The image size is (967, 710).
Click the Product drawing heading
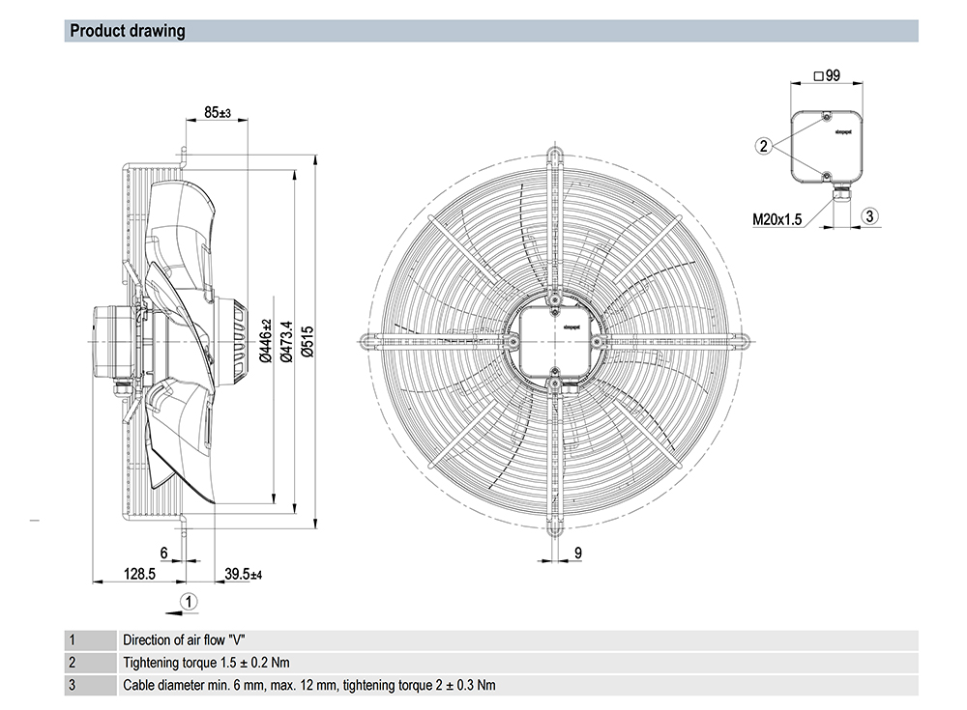[127, 31]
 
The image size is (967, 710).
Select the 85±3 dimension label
[217, 113]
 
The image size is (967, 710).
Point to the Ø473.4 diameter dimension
[284, 341]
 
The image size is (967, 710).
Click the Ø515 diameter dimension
[308, 342]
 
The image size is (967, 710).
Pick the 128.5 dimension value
[139, 574]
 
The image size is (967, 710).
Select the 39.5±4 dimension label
[244, 574]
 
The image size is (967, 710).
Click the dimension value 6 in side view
[163, 553]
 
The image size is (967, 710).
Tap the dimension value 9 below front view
[576, 553]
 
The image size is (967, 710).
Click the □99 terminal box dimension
[827, 75]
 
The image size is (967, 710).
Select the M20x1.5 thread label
[778, 219]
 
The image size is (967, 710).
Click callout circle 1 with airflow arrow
[190, 601]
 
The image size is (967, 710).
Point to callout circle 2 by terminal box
[764, 146]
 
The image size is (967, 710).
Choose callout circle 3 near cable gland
[869, 216]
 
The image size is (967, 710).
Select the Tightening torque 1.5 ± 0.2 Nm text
[206, 663]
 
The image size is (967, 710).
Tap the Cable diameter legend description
[308, 686]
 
